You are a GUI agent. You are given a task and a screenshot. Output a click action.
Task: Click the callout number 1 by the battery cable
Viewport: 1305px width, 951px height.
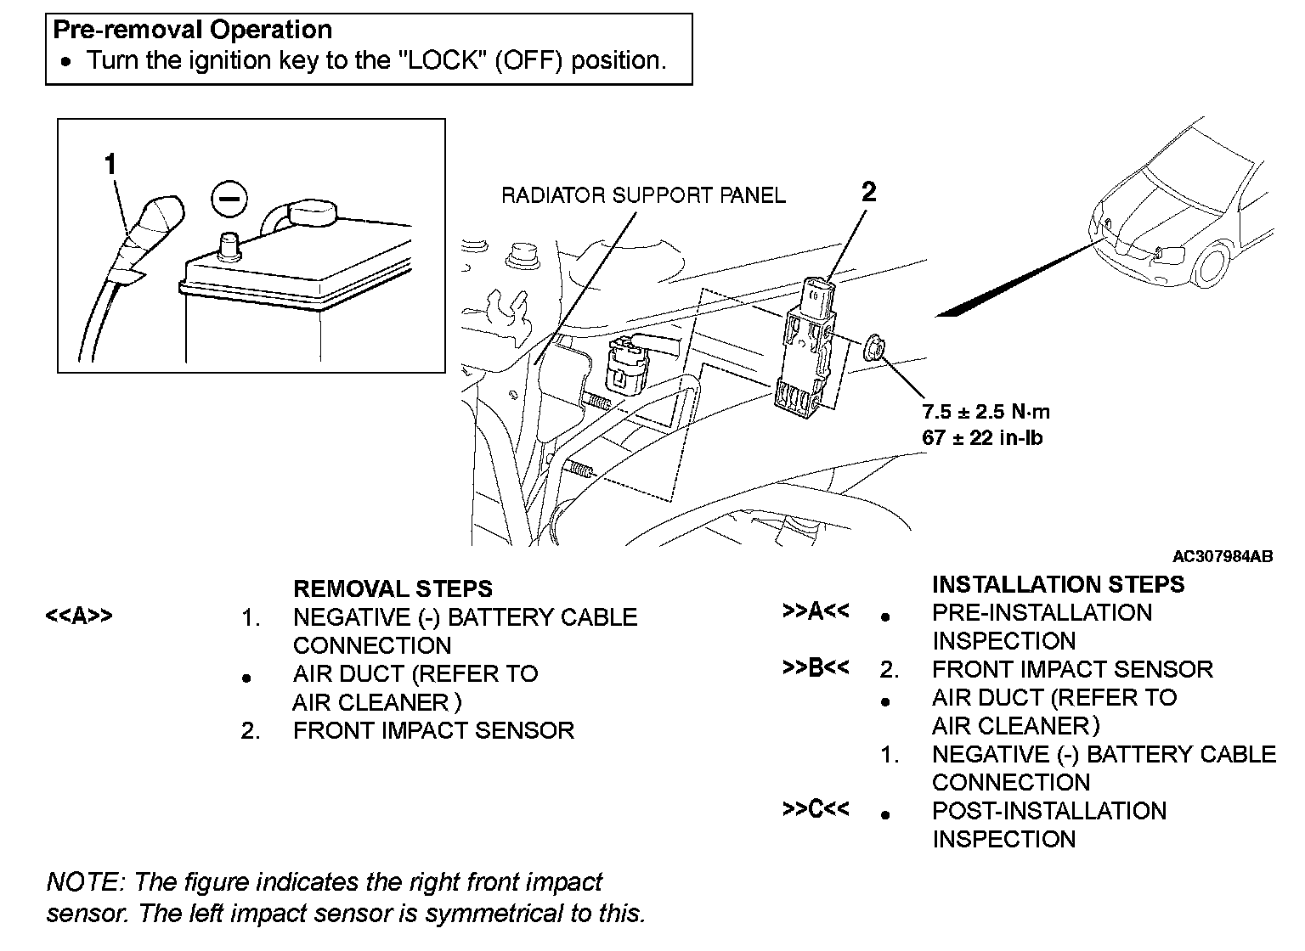click(x=110, y=164)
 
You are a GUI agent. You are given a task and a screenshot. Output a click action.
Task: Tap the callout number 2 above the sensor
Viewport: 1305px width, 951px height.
click(x=867, y=193)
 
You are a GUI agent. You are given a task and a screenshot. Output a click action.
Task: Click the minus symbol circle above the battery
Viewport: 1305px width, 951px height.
click(x=228, y=200)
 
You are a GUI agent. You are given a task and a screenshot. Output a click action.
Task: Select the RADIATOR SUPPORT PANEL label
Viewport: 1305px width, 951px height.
click(x=643, y=195)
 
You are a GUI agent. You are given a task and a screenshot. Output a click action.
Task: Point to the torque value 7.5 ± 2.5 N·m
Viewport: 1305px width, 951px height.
click(x=986, y=412)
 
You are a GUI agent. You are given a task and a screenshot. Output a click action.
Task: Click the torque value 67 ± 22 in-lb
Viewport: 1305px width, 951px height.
click(x=982, y=438)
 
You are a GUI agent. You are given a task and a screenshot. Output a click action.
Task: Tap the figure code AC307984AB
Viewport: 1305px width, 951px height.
click(x=1222, y=557)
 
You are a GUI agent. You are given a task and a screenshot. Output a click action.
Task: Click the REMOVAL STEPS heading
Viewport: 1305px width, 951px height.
click(x=393, y=588)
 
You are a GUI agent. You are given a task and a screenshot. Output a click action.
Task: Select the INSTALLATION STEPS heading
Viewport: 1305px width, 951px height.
click(x=1058, y=584)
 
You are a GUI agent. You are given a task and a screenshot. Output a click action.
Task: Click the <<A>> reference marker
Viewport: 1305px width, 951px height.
click(x=78, y=616)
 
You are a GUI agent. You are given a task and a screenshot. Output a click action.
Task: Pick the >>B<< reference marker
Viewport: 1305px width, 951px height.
click(x=815, y=668)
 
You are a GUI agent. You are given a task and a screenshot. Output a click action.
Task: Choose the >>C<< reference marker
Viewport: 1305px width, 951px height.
click(x=815, y=809)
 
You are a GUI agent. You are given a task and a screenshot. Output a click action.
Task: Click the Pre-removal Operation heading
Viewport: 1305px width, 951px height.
click(x=193, y=30)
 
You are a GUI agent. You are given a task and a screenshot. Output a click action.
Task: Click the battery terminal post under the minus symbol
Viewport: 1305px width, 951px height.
click(x=229, y=247)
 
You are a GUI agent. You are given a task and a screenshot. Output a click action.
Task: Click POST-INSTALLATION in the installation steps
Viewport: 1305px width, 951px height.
click(x=1048, y=811)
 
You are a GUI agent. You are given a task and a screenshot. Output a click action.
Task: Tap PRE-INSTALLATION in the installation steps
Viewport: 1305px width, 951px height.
click(x=1042, y=613)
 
